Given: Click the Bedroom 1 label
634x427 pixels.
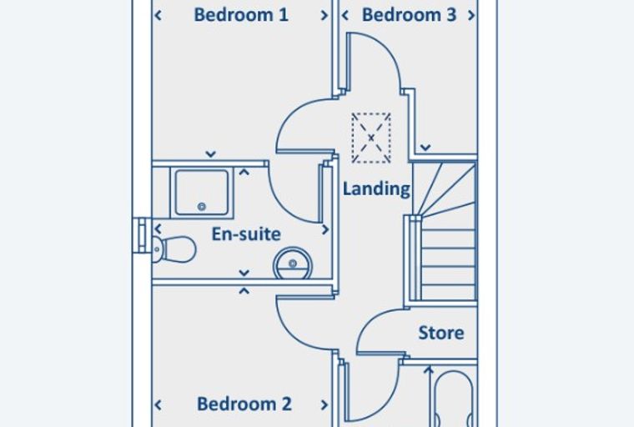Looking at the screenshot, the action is [241, 15].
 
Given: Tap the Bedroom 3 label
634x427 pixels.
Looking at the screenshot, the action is [409, 15].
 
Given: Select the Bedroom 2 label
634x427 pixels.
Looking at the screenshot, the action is [244, 404].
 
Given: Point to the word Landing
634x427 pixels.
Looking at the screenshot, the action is [376, 189].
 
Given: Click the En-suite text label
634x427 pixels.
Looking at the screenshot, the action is [246, 234].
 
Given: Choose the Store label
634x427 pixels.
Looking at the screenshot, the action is [441, 333].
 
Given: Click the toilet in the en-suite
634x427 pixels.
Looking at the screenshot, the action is [174, 249].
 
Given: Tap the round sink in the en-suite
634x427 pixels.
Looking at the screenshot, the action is [293, 264].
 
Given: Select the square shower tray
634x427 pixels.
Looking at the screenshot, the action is [202, 193].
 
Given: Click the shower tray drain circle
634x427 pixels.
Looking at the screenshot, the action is [201, 207].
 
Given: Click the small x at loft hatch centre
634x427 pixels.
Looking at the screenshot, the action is [371, 138].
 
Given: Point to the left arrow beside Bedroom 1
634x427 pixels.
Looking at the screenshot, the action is [158, 15].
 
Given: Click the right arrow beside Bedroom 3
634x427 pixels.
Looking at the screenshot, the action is [471, 15].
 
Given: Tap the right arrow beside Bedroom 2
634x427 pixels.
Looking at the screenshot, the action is [325, 404].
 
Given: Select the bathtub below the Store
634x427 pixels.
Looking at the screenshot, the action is [453, 399].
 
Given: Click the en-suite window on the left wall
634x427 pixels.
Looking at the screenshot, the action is [142, 235].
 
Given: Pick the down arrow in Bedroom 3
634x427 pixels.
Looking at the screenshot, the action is [425, 148].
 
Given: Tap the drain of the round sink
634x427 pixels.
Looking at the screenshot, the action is [293, 264].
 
